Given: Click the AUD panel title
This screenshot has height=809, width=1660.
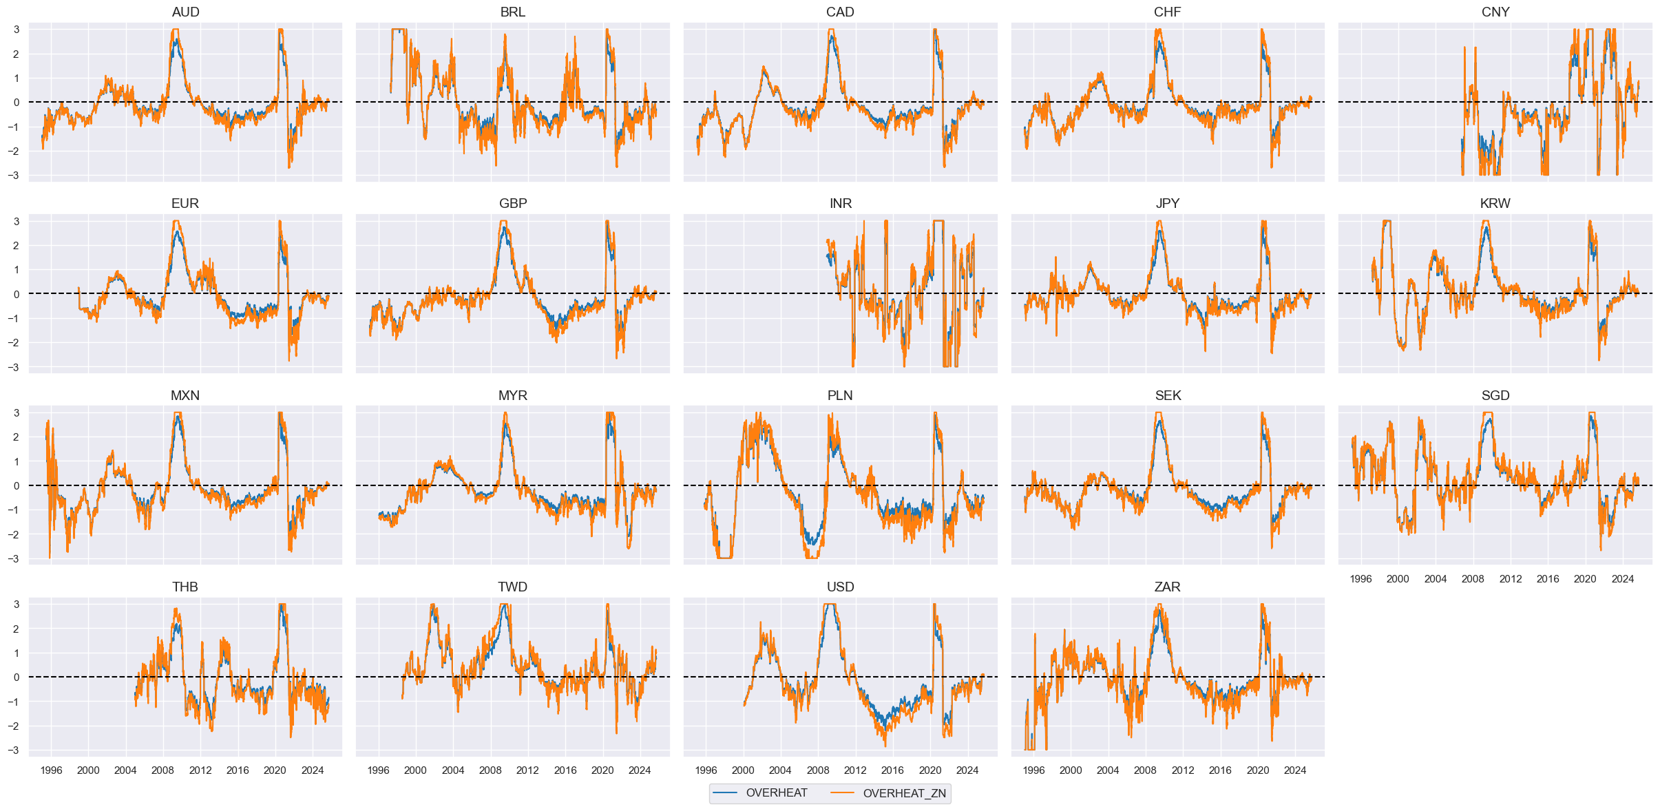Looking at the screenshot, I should [x=185, y=12].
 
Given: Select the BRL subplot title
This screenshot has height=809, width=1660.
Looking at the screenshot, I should [x=512, y=12].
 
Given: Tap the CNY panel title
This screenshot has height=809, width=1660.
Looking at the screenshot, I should [x=1495, y=12].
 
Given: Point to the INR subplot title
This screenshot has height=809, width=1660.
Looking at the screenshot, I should [x=840, y=203].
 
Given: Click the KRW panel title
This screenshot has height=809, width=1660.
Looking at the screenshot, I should [x=1495, y=203].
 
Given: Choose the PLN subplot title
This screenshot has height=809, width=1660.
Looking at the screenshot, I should [x=840, y=395].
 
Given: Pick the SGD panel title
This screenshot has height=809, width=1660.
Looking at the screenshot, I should [x=1495, y=395].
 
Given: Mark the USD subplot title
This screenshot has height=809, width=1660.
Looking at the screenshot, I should [x=840, y=587].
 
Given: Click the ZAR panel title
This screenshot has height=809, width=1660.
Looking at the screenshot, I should [x=1167, y=587].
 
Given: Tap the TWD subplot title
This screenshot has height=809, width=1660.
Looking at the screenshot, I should [x=512, y=587].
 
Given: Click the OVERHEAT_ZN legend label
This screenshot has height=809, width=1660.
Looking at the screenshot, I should [x=904, y=793].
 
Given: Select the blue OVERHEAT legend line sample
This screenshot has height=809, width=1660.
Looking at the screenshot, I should [x=725, y=793].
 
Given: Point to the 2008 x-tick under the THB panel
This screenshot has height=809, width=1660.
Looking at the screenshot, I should [x=162, y=770].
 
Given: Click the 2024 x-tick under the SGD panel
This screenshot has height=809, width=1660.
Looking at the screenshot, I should [x=1622, y=578].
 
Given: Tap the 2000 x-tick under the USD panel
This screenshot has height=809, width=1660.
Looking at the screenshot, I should [x=743, y=770].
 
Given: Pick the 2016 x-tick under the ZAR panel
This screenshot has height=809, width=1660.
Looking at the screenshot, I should [x=1220, y=770].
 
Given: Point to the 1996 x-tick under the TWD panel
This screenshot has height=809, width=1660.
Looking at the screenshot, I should [x=378, y=770].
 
